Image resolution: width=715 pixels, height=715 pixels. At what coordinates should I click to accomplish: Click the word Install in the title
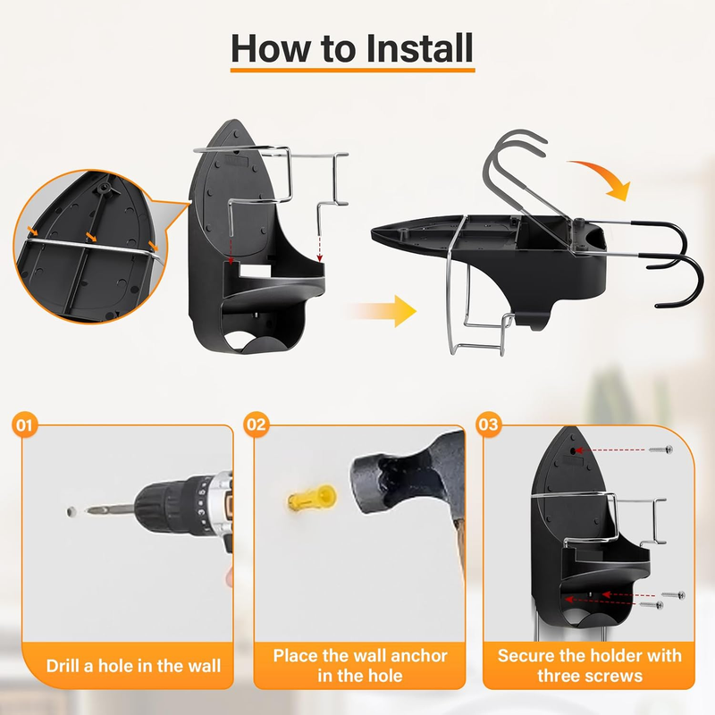419,48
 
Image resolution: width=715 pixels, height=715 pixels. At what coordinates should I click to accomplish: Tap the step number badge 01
25,425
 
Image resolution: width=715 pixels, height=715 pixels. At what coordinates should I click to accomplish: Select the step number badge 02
257,425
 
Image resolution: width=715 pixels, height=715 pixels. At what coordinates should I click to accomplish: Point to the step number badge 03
488,425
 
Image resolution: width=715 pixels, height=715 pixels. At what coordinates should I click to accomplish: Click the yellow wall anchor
312,498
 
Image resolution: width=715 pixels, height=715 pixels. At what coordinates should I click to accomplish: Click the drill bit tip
88,509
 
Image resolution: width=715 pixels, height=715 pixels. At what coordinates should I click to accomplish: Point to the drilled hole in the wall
71,511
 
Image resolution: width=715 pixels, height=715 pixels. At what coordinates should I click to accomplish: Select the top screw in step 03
660,450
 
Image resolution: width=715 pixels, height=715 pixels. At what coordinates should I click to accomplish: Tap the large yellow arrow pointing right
383,311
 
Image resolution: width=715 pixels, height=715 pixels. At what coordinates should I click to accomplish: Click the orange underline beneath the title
352,70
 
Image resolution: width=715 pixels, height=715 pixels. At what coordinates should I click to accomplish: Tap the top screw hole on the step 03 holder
573,450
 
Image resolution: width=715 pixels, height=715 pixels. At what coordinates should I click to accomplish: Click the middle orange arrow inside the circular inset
92,237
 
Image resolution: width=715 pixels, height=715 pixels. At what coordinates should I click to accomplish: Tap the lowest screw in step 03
652,605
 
